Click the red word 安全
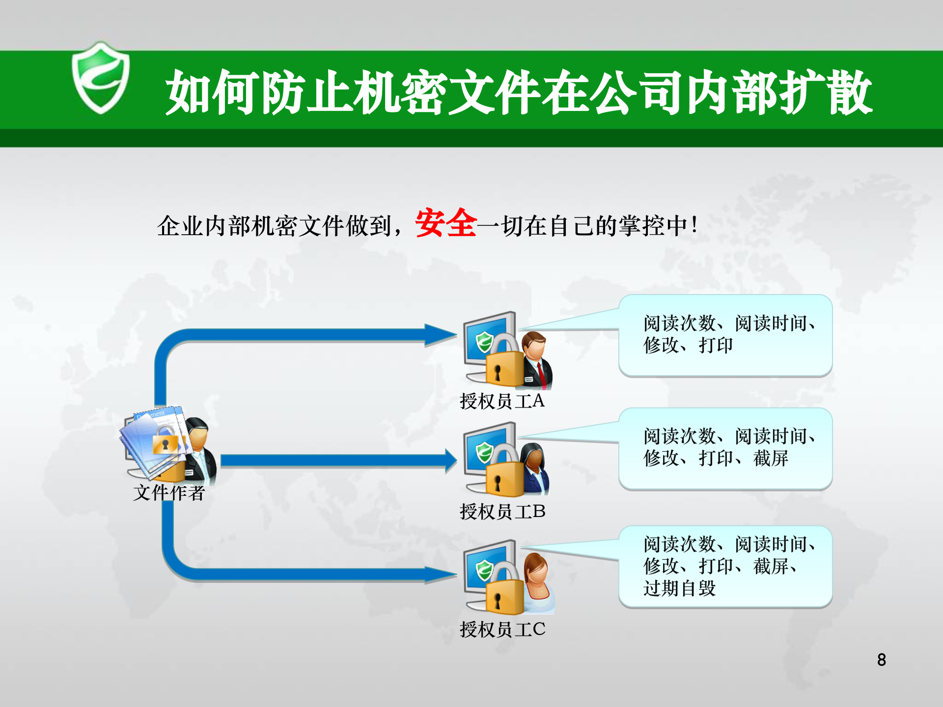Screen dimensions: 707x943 click(x=445, y=223)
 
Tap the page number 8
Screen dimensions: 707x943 click(x=882, y=659)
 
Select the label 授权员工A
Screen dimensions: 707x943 click(x=502, y=401)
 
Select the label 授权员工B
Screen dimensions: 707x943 click(x=502, y=512)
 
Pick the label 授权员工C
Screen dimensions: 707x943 click(x=502, y=629)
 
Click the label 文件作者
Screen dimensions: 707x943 click(x=168, y=492)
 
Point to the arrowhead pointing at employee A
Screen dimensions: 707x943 click(x=442, y=335)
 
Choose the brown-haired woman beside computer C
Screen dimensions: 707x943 click(x=538, y=582)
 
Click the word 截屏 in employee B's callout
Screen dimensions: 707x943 click(x=771, y=459)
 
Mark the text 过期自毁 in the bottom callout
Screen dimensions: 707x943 click(x=680, y=588)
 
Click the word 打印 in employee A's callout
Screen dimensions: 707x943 click(x=716, y=346)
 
